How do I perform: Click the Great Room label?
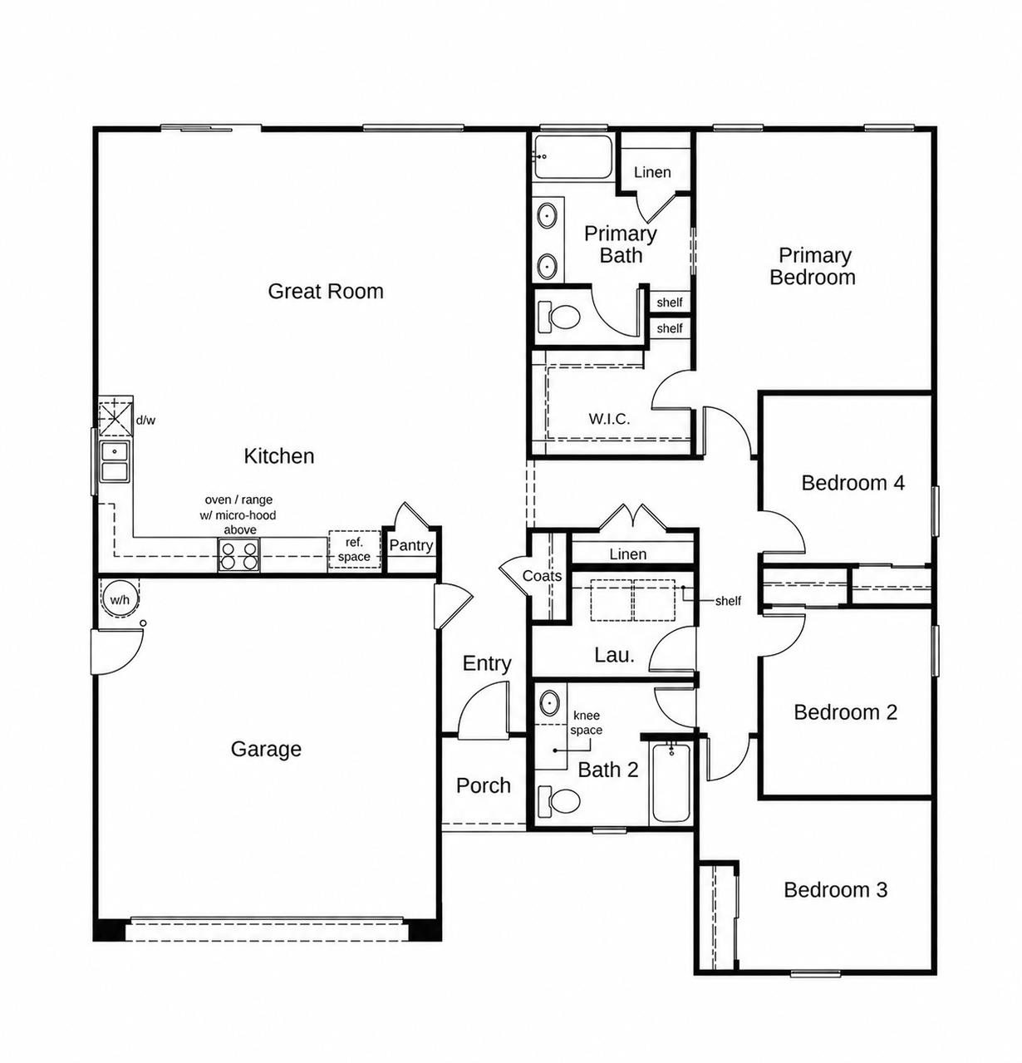[x=325, y=291]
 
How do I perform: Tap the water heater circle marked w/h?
[x=120, y=598]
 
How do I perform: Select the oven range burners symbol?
[x=238, y=554]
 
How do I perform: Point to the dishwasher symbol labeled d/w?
[x=115, y=419]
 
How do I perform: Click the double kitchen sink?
[x=115, y=461]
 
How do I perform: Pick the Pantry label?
[x=410, y=544]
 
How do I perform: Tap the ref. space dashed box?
[x=354, y=549]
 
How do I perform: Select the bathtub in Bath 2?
[x=671, y=781]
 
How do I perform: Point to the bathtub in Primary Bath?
[x=573, y=157]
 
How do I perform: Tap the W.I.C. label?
[x=609, y=419]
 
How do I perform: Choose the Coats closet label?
[x=542, y=576]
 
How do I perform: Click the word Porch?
[x=484, y=785]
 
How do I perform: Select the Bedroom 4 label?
[x=852, y=483]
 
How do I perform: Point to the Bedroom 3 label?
[x=835, y=890]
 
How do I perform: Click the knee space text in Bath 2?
[x=586, y=723]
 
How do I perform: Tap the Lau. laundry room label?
[x=614, y=655]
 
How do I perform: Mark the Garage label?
[x=265, y=749]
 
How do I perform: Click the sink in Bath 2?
[x=549, y=703]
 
